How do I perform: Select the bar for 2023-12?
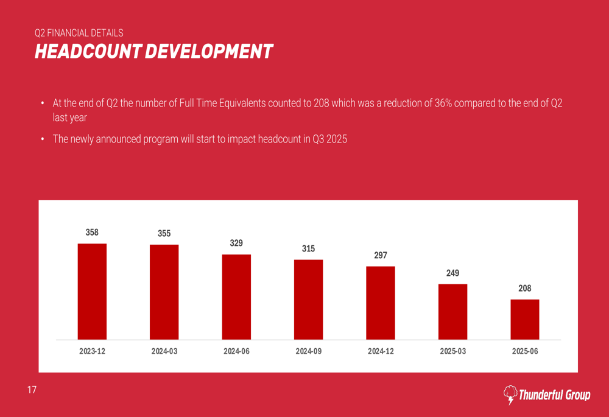click(92, 292)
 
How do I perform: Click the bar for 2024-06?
click(236, 296)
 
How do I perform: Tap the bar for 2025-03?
click(452, 312)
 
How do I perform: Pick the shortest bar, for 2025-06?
click(524, 319)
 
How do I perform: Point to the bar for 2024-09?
click(308, 300)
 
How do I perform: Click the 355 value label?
click(164, 233)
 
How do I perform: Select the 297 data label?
click(381, 255)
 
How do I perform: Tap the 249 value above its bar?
click(452, 273)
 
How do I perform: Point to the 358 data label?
click(92, 232)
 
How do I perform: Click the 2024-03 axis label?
click(164, 352)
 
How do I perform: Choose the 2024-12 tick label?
click(381, 352)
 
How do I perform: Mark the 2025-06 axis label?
click(524, 352)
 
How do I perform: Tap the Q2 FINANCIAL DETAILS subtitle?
click(79, 33)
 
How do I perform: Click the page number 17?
click(32, 390)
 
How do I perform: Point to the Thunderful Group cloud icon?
click(510, 394)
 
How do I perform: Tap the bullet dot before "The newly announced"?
click(43, 139)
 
